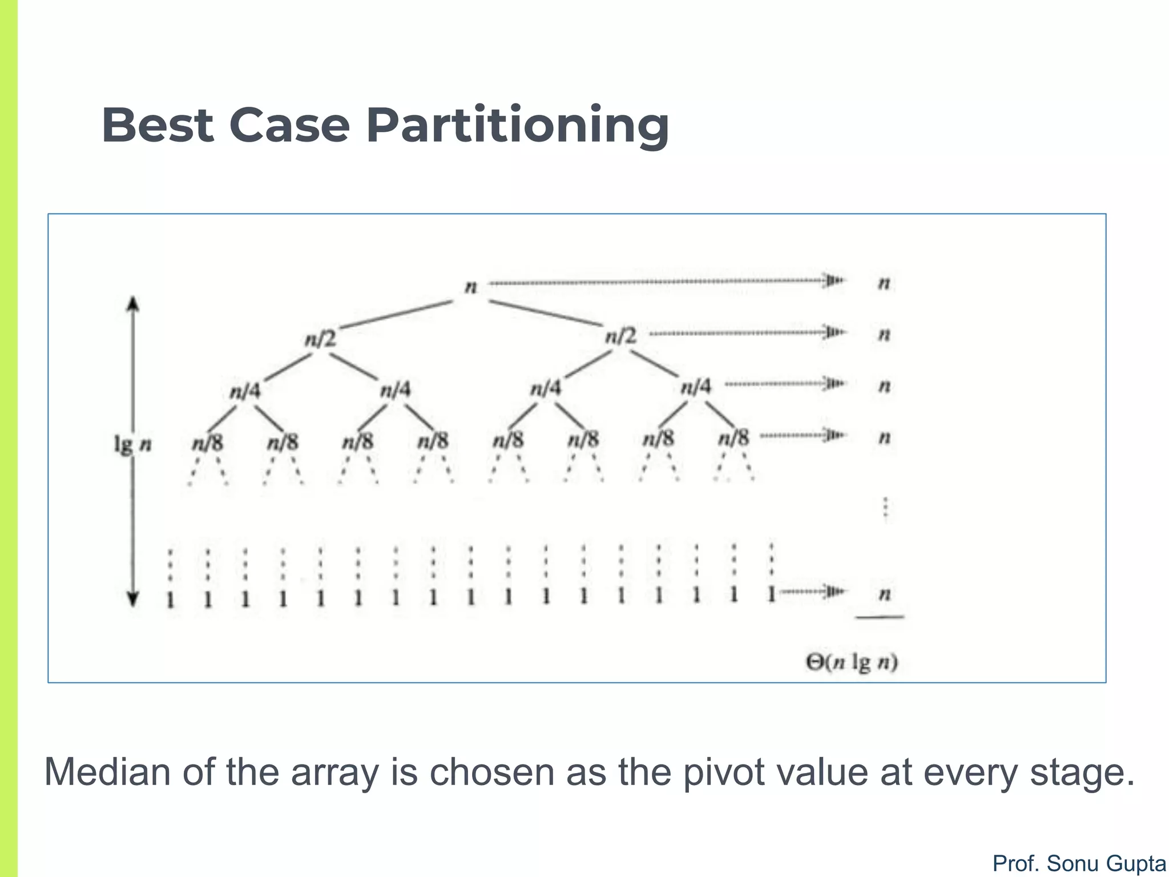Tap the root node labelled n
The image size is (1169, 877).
click(x=471, y=286)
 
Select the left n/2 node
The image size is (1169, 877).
click(x=321, y=339)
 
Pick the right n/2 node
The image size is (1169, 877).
click(x=621, y=335)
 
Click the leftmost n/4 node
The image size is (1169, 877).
click(x=245, y=391)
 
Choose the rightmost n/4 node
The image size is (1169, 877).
click(x=696, y=387)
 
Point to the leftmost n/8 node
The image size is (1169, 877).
click(x=208, y=442)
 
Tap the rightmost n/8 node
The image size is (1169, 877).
click(x=734, y=438)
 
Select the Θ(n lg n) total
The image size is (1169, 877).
click(x=852, y=662)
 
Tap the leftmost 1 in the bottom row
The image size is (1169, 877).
click(x=170, y=600)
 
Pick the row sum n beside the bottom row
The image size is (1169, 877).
click(x=885, y=594)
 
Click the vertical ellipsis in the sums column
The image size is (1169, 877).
click(x=885, y=508)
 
